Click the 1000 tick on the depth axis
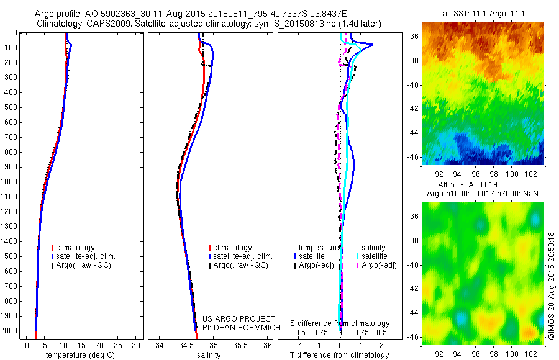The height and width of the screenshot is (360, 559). [x=11, y=182]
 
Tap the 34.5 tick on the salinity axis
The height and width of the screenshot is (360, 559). [x=186, y=345]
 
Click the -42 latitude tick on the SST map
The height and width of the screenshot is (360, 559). [x=413, y=108]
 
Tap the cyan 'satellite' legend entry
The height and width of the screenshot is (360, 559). [x=375, y=256]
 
